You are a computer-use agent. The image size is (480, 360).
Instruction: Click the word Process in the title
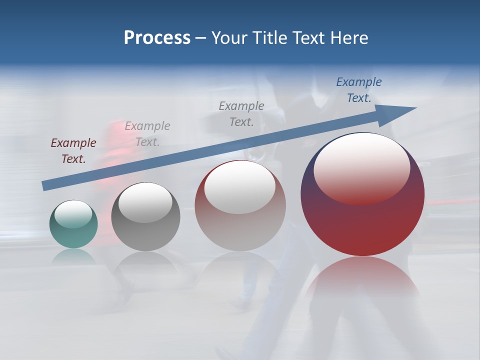[157, 38]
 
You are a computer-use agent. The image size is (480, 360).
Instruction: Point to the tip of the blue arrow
[415, 108]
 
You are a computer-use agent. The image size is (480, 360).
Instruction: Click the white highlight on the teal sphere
[73, 214]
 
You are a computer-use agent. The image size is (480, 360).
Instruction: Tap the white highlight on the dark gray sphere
[145, 202]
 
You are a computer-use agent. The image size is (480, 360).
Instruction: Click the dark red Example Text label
[73, 151]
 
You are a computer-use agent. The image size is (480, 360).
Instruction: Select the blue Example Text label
[358, 90]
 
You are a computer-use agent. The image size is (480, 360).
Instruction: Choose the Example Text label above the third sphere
[241, 113]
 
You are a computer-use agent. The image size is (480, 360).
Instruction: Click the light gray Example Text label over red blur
[147, 134]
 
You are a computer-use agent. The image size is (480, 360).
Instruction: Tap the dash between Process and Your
[201, 38]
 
